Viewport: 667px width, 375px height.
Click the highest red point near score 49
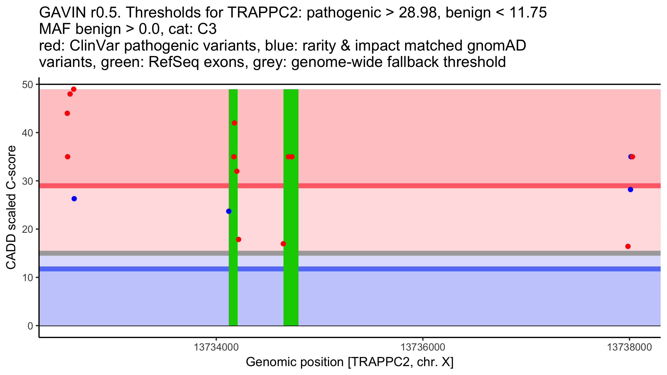coord(74,89)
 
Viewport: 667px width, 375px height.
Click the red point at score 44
coord(67,113)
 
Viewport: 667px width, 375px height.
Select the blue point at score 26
coord(74,199)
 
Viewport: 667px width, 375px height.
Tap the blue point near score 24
coord(229,211)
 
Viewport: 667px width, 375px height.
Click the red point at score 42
coord(234,123)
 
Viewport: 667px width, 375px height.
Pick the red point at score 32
coord(237,171)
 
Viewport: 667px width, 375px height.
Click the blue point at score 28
coord(631,190)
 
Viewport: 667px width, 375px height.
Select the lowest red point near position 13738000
coord(628,246)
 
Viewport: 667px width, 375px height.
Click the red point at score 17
coord(283,244)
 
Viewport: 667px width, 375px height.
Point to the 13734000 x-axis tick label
coord(216,347)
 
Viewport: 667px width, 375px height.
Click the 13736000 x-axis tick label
coord(423,347)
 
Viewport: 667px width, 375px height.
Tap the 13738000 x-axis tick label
coord(629,347)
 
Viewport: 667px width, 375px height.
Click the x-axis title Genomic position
coord(350,362)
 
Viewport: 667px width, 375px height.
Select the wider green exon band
coord(291,207)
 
